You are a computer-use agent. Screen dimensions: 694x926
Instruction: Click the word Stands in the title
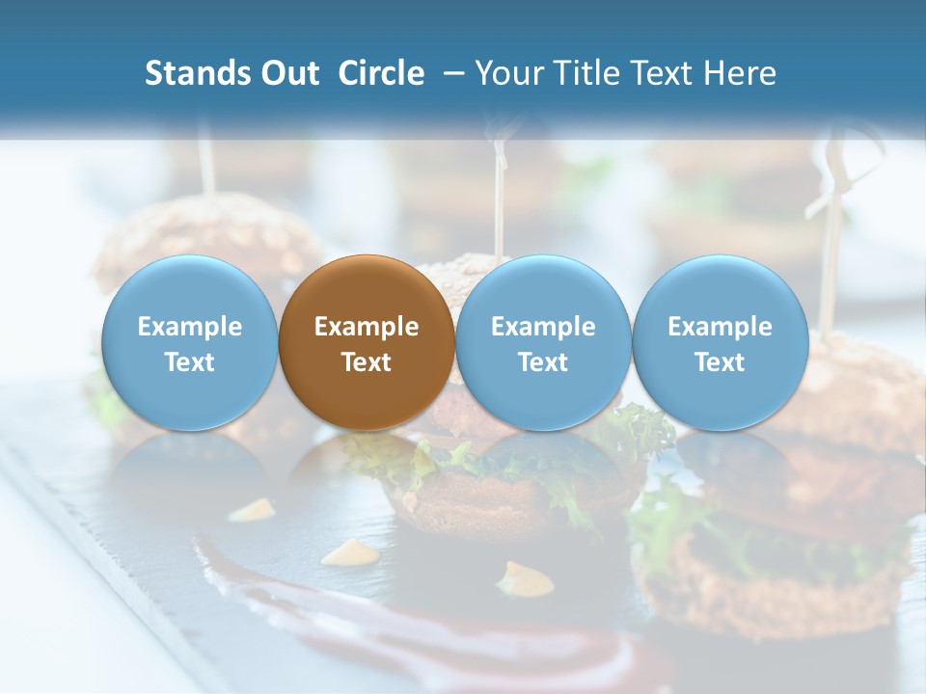coord(191,73)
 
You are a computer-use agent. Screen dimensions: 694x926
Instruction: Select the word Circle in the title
coord(381,73)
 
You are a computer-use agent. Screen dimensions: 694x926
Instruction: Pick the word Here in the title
coord(739,73)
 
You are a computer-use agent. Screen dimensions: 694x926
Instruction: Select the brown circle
coord(367,343)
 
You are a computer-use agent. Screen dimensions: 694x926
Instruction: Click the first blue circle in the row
coord(189,343)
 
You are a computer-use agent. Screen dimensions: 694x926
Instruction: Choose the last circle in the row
coord(720,343)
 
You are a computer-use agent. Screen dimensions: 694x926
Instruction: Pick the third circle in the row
coord(543,343)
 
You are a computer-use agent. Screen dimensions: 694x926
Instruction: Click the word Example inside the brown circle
coord(367,327)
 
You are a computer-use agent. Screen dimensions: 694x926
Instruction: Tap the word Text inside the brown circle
coord(367,362)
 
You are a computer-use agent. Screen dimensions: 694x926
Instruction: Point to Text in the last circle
coord(720,362)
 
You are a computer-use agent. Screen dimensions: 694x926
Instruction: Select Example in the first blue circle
coord(189,327)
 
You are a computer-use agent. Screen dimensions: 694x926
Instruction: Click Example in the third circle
coord(543,327)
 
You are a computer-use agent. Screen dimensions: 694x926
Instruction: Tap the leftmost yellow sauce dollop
coord(253,510)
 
